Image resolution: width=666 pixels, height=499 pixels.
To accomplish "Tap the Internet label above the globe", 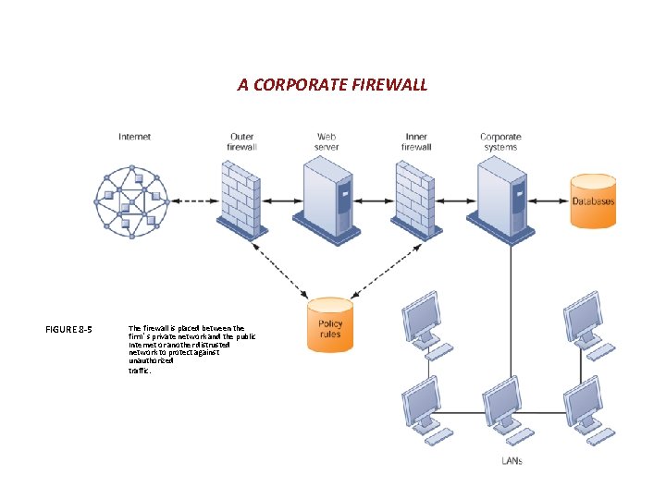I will click(x=134, y=137).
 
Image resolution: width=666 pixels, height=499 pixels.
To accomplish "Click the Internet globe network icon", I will click(x=134, y=201).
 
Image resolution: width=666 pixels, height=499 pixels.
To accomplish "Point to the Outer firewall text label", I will click(x=241, y=141).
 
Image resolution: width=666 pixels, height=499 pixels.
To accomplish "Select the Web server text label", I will click(x=327, y=141).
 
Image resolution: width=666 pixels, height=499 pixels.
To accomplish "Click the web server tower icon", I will click(x=327, y=196).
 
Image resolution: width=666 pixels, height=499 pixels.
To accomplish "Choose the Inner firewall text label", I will click(x=416, y=141).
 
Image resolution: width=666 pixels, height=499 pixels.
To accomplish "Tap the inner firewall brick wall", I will click(x=416, y=196).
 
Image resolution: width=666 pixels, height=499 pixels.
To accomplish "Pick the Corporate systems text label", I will click(x=500, y=141).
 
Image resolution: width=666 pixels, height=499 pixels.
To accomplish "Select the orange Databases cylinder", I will click(x=592, y=201).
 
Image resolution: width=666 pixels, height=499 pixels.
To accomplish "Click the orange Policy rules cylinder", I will click(x=330, y=324).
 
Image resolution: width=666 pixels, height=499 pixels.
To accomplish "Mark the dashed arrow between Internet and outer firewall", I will click(x=194, y=201).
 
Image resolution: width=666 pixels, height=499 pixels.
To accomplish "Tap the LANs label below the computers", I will click(x=512, y=459).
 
